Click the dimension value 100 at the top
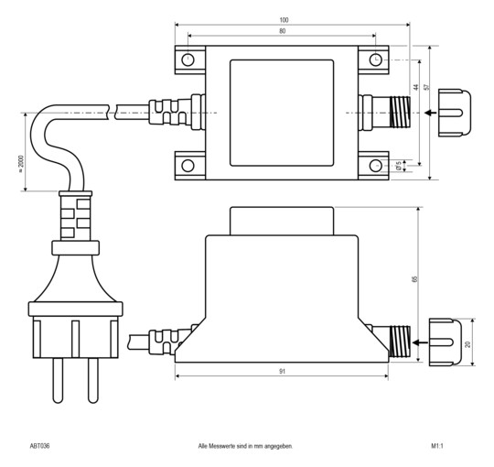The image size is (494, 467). coord(285,19)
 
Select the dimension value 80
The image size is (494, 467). coord(282,32)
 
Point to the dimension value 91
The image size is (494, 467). coord(281,371)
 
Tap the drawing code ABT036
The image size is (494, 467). coord(40,446)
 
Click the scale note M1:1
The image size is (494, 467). coord(436,446)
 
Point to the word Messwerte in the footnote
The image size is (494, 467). coord(235,446)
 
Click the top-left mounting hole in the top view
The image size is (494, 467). coord(188,60)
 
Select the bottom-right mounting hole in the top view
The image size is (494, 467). coord(375,166)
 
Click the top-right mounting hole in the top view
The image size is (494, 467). coord(375,60)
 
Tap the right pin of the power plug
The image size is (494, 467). coord(92,380)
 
